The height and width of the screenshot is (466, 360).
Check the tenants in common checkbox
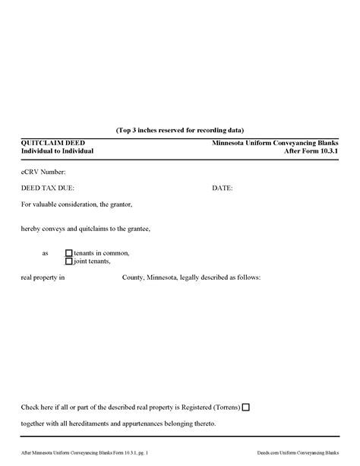pos(69,253)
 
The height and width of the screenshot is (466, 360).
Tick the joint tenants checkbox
pos(69,262)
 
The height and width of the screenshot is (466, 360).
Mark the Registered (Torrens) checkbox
pos(245,407)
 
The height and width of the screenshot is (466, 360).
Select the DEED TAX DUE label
pos(48,187)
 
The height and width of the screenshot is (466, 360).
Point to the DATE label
pos(222,187)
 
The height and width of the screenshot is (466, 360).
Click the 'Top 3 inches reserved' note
pos(180,130)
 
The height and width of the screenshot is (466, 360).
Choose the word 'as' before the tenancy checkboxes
pos(46,253)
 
